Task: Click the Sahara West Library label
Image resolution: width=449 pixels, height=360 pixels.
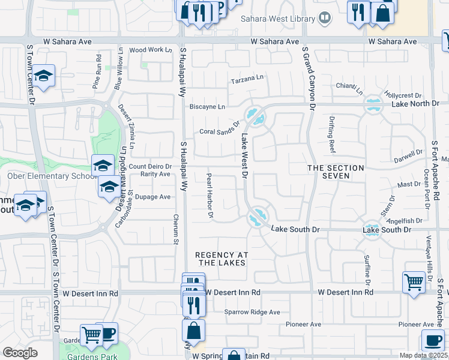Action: click(278, 19)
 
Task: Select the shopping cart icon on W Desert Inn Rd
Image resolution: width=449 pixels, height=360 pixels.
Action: click(414, 281)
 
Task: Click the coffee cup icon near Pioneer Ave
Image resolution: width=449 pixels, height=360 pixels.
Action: click(432, 340)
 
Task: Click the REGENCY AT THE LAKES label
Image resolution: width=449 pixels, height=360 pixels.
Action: click(221, 259)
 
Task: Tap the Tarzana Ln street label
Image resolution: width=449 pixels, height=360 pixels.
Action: click(247, 79)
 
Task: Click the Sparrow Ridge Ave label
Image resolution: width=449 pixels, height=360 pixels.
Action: click(252, 312)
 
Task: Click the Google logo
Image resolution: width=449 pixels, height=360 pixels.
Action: click(20, 353)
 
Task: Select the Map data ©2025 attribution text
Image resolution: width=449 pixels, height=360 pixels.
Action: click(424, 355)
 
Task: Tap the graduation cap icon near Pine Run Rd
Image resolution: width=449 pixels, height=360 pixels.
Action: click(43, 76)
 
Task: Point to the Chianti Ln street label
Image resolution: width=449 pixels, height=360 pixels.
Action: click(349, 88)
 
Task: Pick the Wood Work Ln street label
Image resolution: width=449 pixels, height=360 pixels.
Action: click(151, 50)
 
